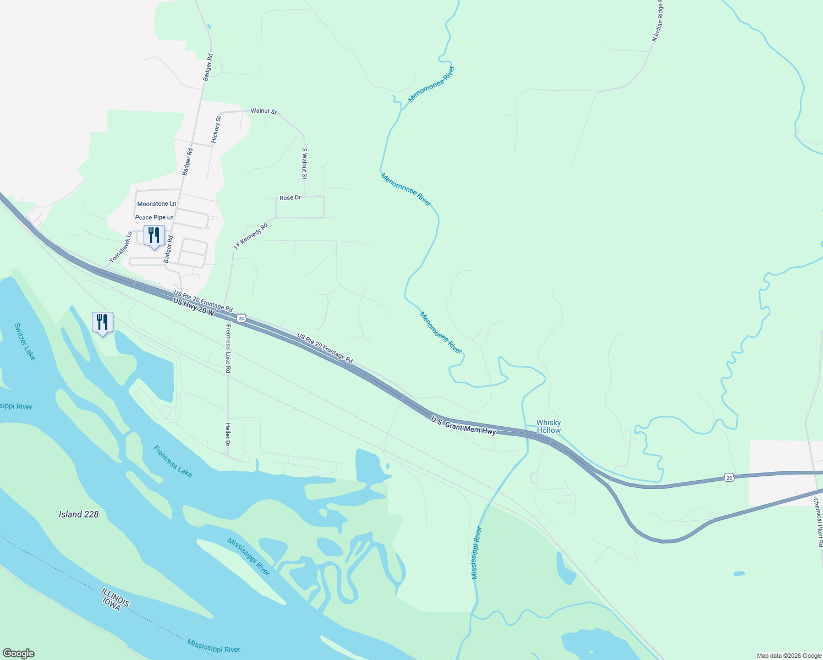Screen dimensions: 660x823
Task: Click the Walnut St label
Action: (x=264, y=111)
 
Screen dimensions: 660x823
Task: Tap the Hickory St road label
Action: (x=216, y=130)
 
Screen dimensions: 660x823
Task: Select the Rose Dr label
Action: (x=290, y=197)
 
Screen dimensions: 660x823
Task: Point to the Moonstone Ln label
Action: (x=157, y=204)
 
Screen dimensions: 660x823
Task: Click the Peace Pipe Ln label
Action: (x=155, y=217)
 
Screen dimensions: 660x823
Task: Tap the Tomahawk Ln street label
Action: (x=121, y=247)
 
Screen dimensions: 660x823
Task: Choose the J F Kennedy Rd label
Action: (x=250, y=237)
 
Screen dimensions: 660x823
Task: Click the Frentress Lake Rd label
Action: (x=227, y=349)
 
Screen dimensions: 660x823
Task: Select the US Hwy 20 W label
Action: (x=193, y=306)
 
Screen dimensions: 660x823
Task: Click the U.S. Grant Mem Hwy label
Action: (x=463, y=425)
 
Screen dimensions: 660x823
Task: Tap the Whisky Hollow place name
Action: (x=548, y=427)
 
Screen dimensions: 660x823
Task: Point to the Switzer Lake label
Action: (x=25, y=342)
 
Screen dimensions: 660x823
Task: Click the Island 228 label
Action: (x=79, y=514)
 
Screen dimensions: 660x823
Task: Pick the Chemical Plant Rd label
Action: (x=818, y=522)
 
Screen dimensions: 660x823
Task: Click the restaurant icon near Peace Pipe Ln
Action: (x=154, y=235)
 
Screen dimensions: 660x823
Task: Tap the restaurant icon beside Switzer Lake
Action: (x=102, y=322)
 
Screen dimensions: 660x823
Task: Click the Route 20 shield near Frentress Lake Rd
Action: (x=241, y=318)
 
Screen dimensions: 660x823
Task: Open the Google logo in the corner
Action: (x=18, y=653)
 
